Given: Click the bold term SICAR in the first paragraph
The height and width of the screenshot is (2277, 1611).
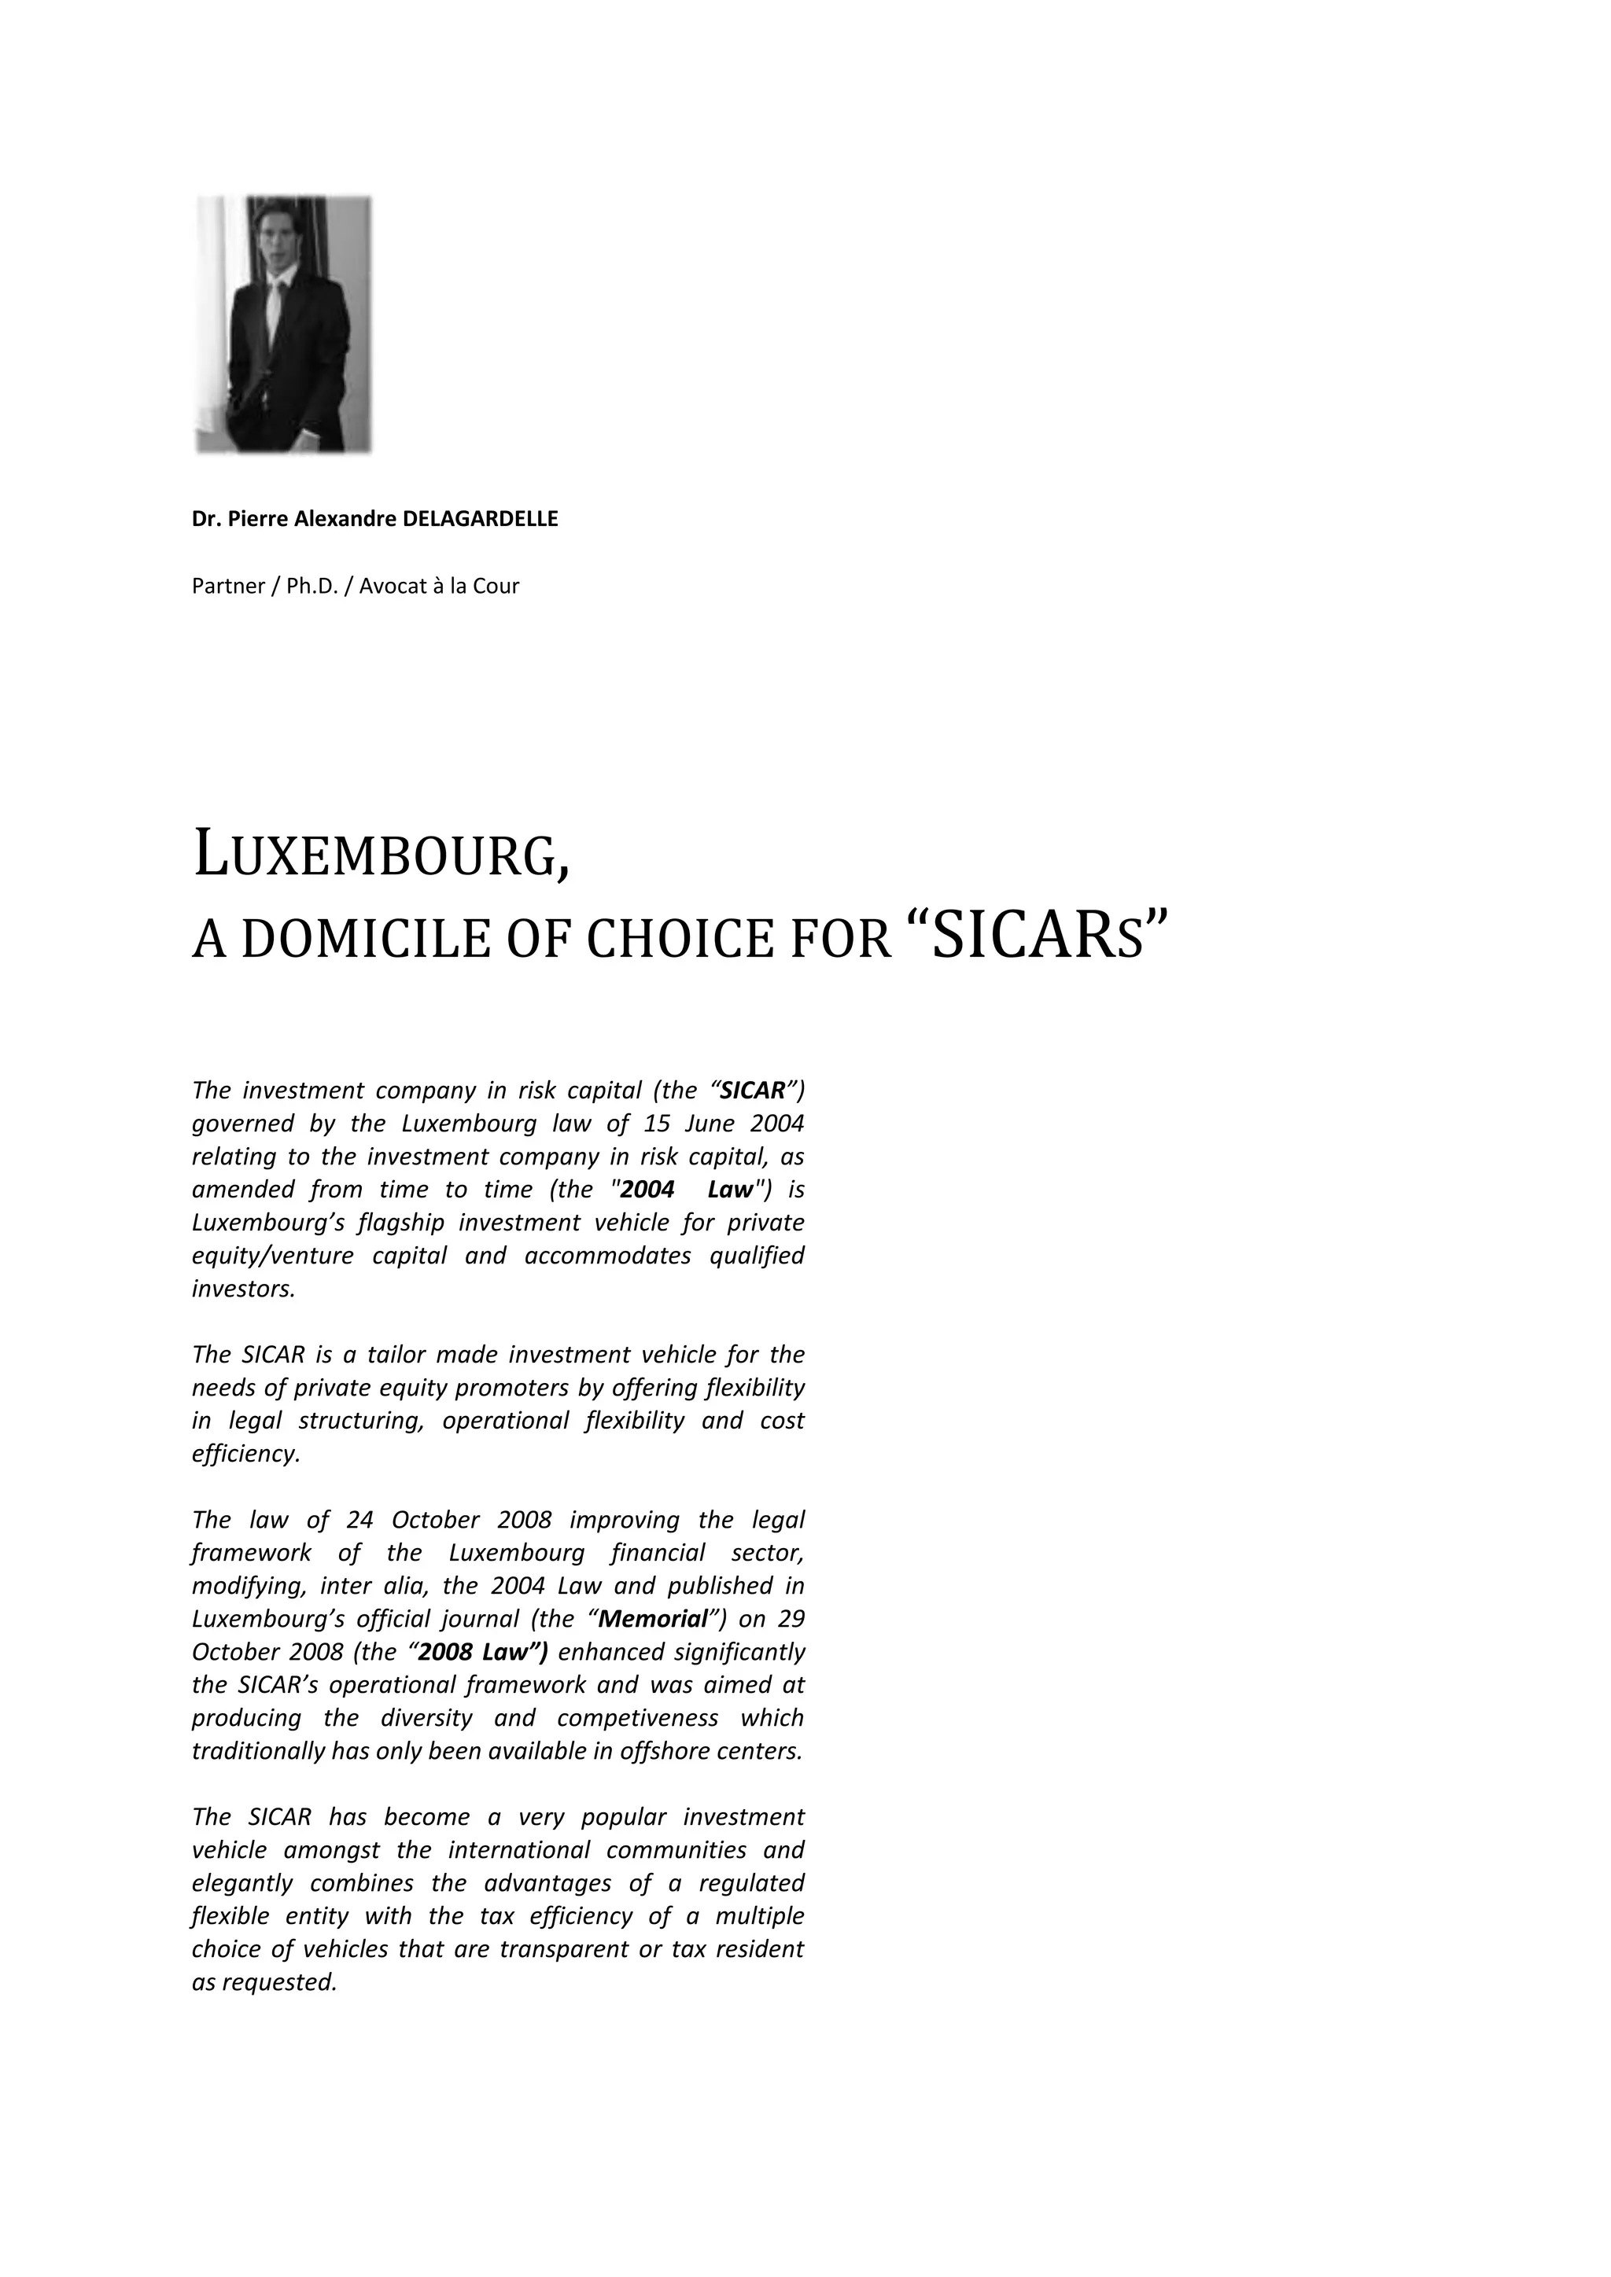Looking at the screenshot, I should click(x=752, y=1091).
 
